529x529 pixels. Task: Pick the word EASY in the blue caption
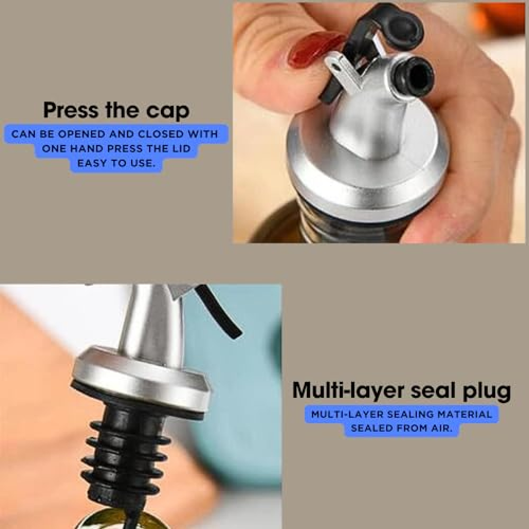click(92, 163)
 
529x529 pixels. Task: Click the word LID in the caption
click(181, 149)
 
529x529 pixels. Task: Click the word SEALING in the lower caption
click(411, 414)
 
